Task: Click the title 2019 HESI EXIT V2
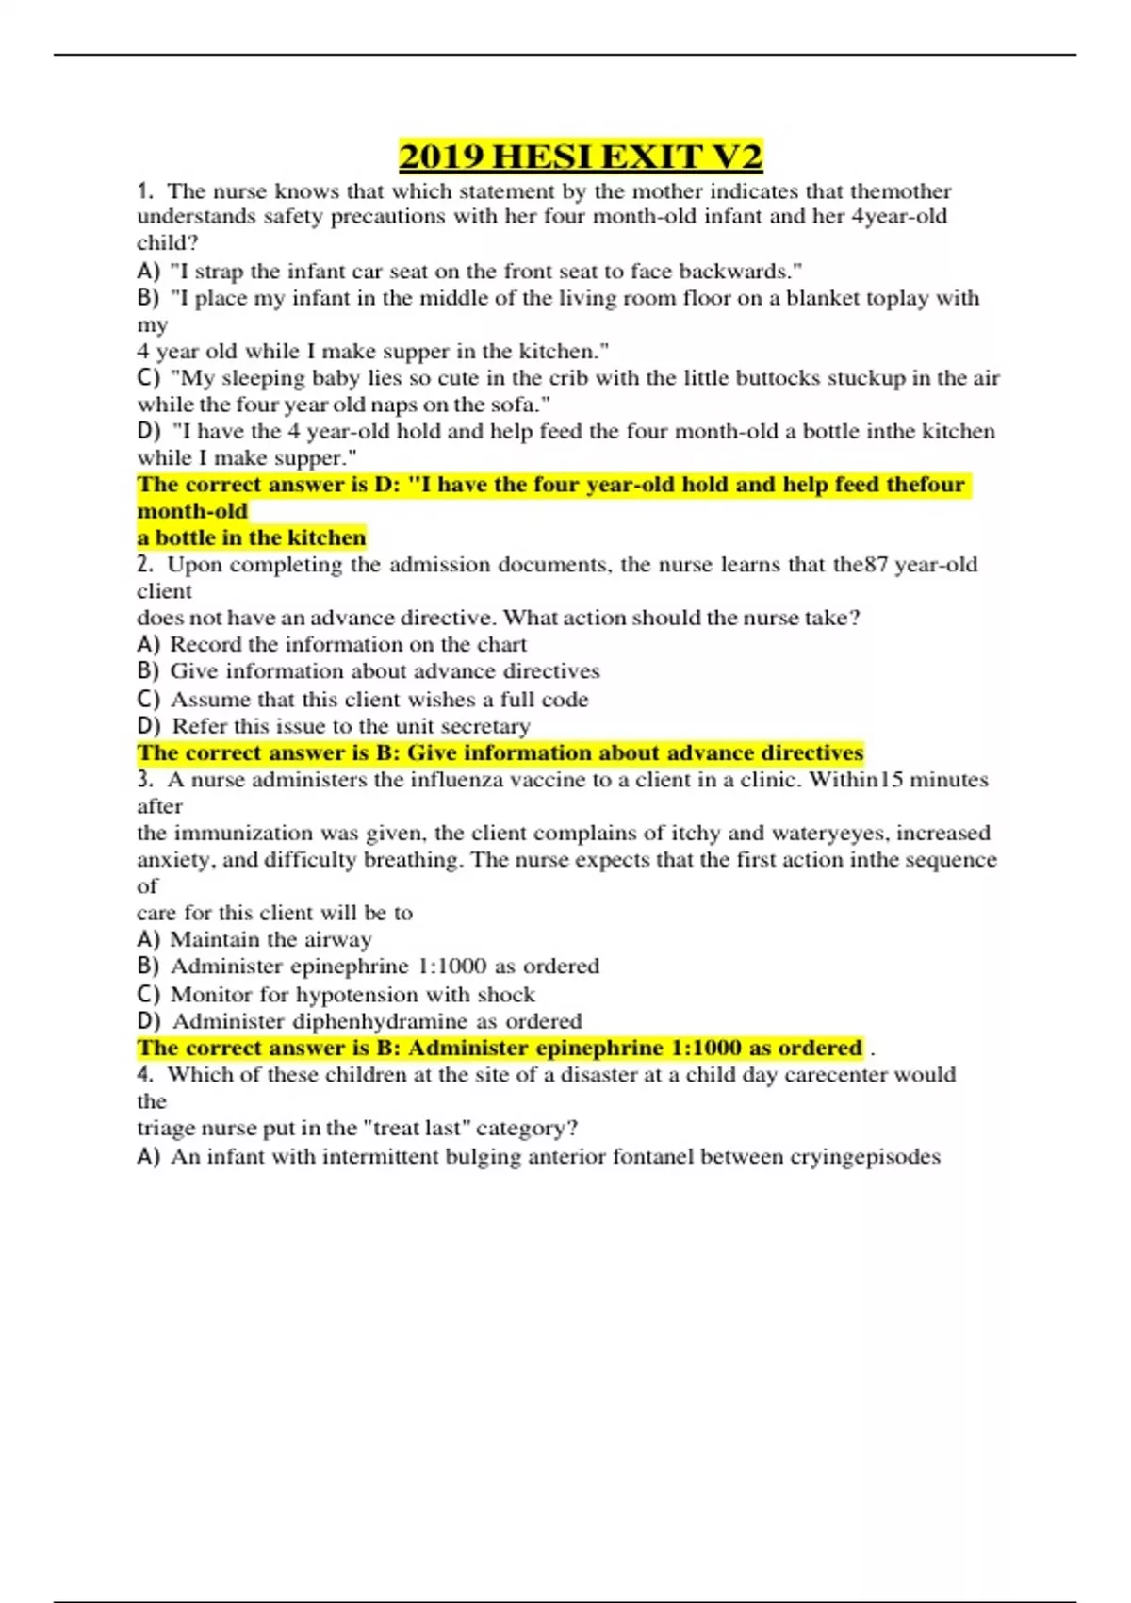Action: pos(581,157)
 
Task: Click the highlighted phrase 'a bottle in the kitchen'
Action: pos(252,537)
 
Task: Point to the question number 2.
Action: pos(144,565)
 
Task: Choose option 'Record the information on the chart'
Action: pos(348,645)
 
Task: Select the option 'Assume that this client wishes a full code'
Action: pos(379,700)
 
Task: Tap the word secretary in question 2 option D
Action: pos(486,726)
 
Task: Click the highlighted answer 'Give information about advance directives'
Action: pos(635,753)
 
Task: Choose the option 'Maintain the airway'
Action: pos(270,940)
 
